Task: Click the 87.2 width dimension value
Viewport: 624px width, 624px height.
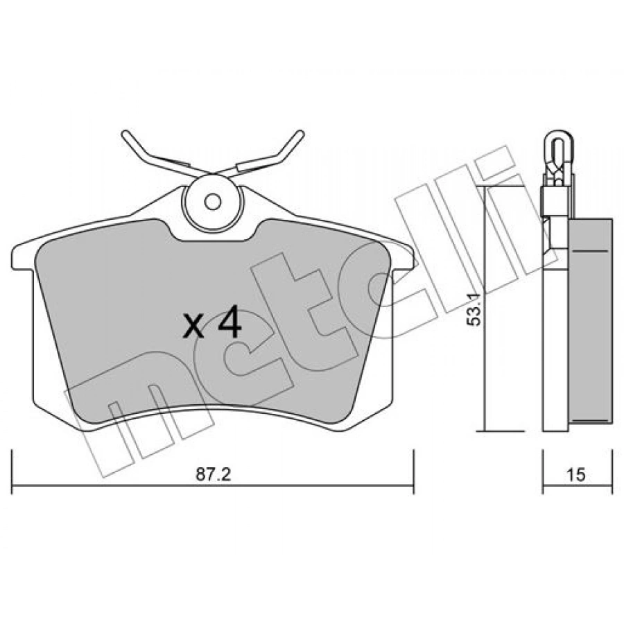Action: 214,474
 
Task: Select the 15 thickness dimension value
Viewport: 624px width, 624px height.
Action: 576,474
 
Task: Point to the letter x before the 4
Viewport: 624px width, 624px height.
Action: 194,327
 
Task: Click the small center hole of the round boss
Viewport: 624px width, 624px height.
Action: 213,202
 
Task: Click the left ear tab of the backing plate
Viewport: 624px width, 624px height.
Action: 23,257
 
